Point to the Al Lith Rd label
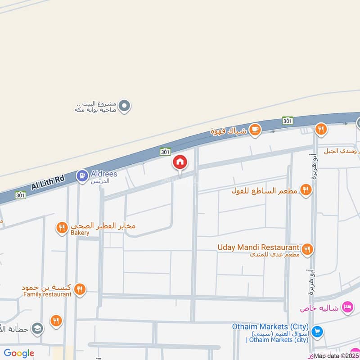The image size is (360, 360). pos(48,183)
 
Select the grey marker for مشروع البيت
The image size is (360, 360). pos(126,106)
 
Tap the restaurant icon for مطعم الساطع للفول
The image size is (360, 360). pos(306,190)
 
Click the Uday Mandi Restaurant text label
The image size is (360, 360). pos(258,247)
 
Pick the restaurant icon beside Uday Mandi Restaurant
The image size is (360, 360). pos(308,249)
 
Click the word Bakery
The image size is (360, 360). pos(80,233)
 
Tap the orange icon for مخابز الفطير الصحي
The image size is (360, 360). pos(62,228)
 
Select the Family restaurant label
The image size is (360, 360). pos(47,294)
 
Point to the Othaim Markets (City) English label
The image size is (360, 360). pos(270,327)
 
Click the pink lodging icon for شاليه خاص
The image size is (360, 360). pos(347,308)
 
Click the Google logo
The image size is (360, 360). pos(19,353)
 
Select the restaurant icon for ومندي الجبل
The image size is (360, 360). pos(320,130)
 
